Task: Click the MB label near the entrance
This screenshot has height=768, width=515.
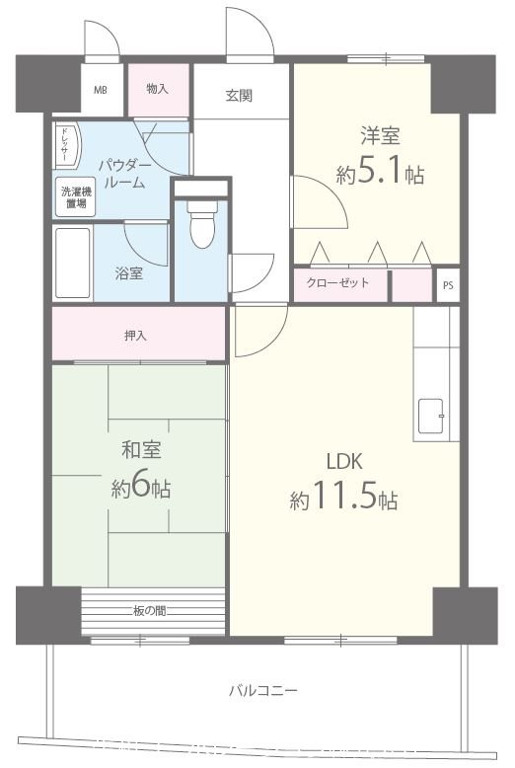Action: click(101, 90)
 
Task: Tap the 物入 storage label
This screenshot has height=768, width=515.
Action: click(157, 89)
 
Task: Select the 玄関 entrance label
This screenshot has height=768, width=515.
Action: click(239, 96)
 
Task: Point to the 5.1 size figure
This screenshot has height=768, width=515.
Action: click(380, 175)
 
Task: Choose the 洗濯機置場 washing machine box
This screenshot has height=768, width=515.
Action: click(73, 195)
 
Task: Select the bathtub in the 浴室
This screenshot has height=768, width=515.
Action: click(73, 262)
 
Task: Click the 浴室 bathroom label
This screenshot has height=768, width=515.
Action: click(129, 273)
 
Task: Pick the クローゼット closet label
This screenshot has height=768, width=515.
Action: click(337, 283)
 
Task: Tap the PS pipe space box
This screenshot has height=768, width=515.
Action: click(449, 285)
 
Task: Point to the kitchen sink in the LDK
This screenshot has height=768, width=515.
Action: click(432, 416)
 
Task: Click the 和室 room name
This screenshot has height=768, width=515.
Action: click(141, 451)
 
